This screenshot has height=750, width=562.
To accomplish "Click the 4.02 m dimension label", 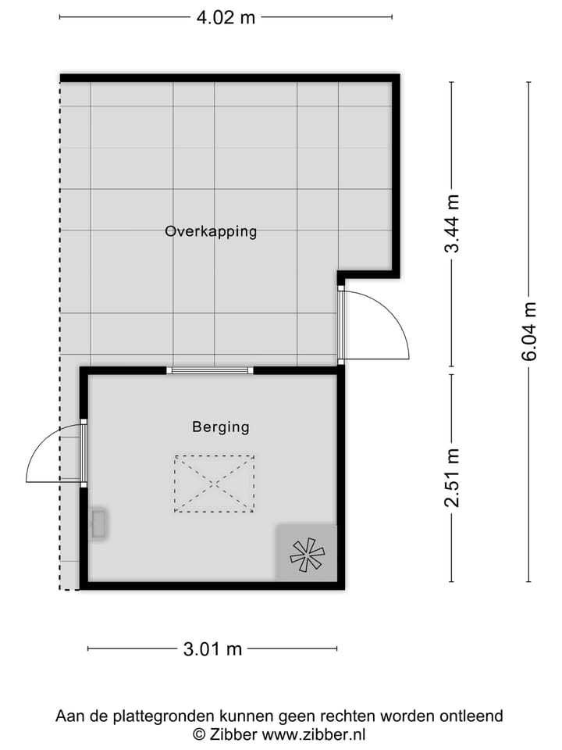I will coord(226,17).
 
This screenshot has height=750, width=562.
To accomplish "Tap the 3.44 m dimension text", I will coord(451,224).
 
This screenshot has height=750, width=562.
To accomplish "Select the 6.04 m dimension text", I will coord(530,331).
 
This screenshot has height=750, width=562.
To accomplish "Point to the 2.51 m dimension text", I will coord(451,477).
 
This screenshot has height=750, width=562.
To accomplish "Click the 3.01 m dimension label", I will coord(212,648).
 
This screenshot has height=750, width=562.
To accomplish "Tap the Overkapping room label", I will coord(211,231).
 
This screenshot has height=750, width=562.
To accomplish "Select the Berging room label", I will coord(221,427).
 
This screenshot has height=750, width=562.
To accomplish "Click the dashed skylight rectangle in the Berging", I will coord(215,484).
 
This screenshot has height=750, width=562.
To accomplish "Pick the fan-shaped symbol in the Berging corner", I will coord(307,553).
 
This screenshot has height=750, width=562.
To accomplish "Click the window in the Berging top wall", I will coord(211,370).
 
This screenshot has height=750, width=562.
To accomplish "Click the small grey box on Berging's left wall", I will coord(99,523).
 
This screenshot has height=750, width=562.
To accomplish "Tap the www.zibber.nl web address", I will coord(314,734).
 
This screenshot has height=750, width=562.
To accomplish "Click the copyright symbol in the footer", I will coord(200,734).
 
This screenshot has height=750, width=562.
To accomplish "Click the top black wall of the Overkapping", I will coord(226,78).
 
